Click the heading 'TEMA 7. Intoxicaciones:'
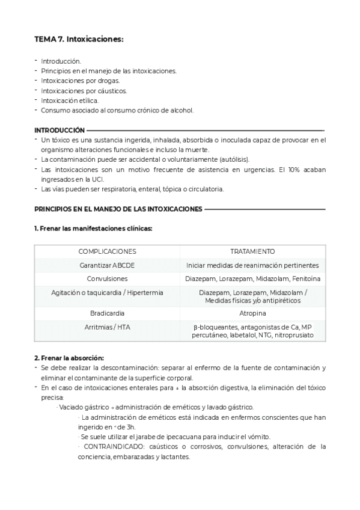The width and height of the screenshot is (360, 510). click(x=78, y=39)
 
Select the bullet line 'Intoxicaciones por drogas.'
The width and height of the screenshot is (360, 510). click(x=81, y=81)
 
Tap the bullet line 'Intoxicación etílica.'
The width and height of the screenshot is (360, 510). click(x=70, y=100)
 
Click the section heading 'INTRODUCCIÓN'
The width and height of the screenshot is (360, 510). click(x=59, y=130)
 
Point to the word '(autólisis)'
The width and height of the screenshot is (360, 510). click(x=233, y=159)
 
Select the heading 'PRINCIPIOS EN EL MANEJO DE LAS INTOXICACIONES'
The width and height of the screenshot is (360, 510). click(x=118, y=209)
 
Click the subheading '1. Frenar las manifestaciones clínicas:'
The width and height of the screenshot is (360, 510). click(x=93, y=229)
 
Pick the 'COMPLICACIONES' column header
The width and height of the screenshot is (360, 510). click(x=107, y=251)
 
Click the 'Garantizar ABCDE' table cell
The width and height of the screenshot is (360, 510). click(x=107, y=265)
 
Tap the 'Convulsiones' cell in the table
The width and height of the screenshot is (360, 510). click(x=107, y=278)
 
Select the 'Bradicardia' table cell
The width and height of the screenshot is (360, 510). click(x=107, y=313)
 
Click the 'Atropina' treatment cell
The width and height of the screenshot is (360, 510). click(x=252, y=313)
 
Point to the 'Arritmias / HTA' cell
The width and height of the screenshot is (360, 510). click(x=107, y=327)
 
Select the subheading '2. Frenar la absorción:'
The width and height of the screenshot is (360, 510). click(x=69, y=358)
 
